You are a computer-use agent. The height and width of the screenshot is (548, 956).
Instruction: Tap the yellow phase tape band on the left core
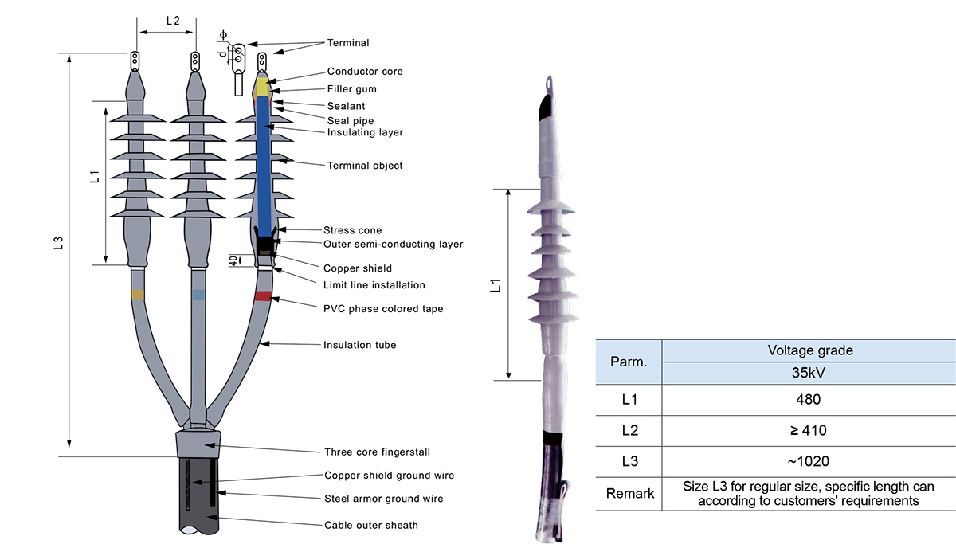tap(139, 295)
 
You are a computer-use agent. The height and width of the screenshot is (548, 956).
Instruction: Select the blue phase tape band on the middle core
tap(198, 295)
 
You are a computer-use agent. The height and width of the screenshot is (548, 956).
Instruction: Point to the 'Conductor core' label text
tap(365, 72)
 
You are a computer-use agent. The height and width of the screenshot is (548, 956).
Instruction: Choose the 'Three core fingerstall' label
tap(377, 452)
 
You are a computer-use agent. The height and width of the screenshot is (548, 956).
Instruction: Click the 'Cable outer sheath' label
tap(370, 526)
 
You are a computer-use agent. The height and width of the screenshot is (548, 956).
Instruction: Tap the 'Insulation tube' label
tap(359, 346)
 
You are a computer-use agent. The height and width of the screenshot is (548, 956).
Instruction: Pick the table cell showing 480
tap(808, 399)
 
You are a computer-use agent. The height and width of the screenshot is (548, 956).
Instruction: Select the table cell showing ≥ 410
tap(808, 430)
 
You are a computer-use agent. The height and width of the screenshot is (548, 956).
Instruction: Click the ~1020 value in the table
tap(808, 461)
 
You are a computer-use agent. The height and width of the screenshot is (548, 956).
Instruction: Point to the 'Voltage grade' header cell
tap(808, 350)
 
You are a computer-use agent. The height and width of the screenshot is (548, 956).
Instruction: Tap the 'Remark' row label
tap(629, 493)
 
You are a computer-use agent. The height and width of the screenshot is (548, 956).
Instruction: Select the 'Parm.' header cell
tap(629, 362)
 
